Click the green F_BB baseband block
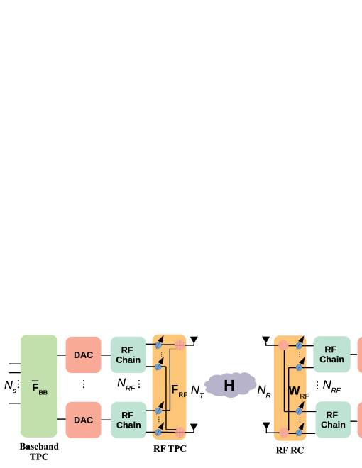click(x=38, y=386)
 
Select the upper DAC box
click(x=83, y=355)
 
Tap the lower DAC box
click(x=83, y=420)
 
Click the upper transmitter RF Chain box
click(x=128, y=355)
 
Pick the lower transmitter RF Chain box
click(x=128, y=420)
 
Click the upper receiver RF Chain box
click(x=331, y=355)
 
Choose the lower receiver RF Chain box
click(x=332, y=420)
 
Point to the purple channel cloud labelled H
click(x=230, y=385)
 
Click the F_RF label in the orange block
click(x=178, y=391)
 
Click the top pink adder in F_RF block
click(x=180, y=345)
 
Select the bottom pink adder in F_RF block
click(x=180, y=432)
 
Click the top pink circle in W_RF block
click(x=283, y=345)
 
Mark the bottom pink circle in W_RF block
click(x=283, y=432)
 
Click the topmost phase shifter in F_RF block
click(x=158, y=345)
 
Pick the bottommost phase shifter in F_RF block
click(x=158, y=431)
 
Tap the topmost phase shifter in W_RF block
click(x=300, y=345)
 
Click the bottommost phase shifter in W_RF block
click(x=300, y=431)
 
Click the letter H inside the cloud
click(x=229, y=386)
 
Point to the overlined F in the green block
click(x=35, y=386)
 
